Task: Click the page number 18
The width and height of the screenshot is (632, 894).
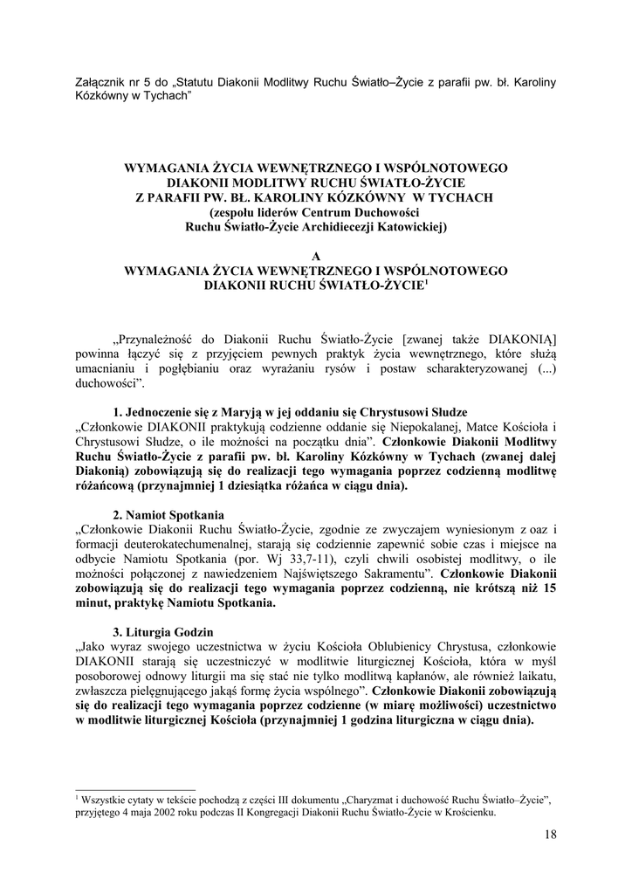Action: (x=549, y=836)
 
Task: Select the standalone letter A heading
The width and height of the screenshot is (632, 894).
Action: (x=316, y=255)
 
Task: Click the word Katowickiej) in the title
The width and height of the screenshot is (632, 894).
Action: (x=408, y=227)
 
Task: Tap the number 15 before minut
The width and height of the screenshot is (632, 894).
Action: (x=548, y=588)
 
